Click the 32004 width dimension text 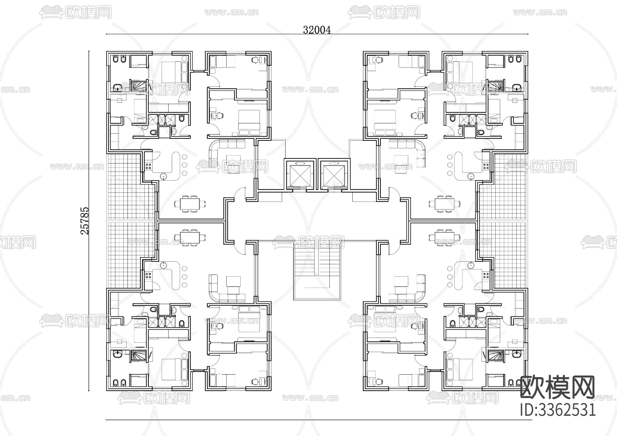coord(317,30)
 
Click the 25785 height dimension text coord(85,221)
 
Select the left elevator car coord(300,174)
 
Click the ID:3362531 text coord(558,410)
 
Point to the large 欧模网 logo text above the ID coord(558,388)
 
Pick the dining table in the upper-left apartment coord(190,204)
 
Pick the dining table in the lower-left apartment coord(190,237)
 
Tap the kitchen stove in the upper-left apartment coord(149,167)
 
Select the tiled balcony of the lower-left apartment coord(131,255)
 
